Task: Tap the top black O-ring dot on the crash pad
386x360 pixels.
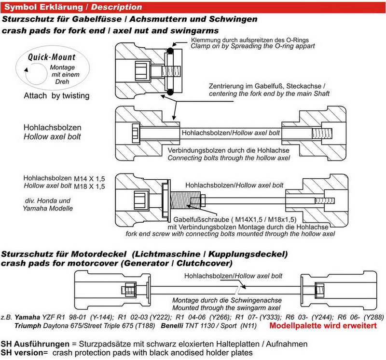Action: (x=170, y=51)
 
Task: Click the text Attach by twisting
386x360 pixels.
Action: (x=56, y=95)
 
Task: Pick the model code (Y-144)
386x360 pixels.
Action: (x=99, y=317)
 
